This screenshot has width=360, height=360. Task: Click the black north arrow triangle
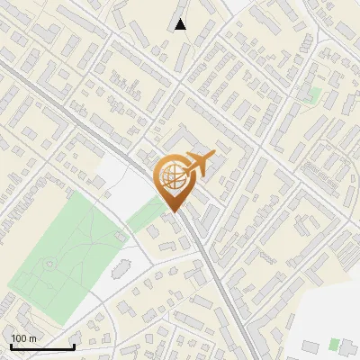click(180, 24)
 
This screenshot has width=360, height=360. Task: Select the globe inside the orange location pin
click(170, 177)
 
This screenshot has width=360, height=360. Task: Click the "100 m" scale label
click(24, 337)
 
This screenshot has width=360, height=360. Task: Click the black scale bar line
click(41, 346)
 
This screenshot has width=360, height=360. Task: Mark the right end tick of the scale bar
click(73, 346)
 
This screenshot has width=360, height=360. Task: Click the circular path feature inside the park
click(49, 265)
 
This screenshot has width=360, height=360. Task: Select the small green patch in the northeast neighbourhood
click(314, 94)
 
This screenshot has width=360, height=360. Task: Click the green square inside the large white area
click(334, 343)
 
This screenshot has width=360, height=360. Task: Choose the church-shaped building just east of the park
click(122, 269)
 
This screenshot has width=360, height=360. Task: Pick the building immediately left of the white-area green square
click(310, 345)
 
